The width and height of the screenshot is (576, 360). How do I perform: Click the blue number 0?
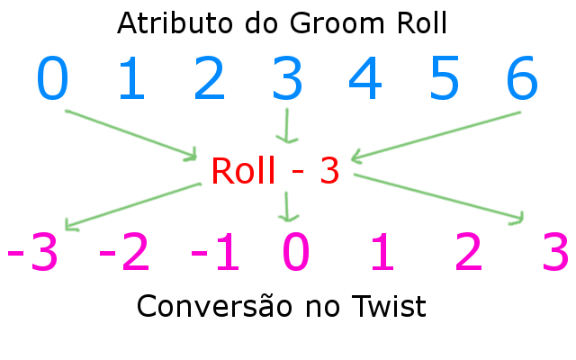coord(52,79)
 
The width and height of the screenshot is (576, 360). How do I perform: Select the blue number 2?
coord(209,79)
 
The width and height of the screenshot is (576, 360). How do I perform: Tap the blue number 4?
coord(365,79)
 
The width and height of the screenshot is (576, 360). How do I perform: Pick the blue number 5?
coord(443,79)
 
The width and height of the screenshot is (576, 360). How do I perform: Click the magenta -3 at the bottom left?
coord(32,255)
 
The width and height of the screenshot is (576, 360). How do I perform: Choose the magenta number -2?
coord(124,255)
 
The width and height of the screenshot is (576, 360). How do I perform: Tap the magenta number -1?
coord(216,255)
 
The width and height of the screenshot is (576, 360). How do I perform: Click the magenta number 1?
coord(383,255)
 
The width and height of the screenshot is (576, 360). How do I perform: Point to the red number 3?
coord(328,170)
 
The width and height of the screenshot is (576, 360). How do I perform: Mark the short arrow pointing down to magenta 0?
coord(287,207)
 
